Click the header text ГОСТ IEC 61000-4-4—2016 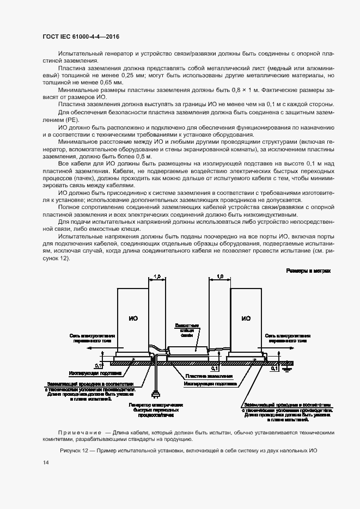[81, 36]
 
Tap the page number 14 [45, 462]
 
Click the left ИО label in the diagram [132, 318]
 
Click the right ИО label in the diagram [246, 318]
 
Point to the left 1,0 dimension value [157, 277]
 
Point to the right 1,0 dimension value [219, 277]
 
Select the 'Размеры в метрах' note [308, 271]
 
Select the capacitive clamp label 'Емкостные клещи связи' [187, 330]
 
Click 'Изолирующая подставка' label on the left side [91, 375]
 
